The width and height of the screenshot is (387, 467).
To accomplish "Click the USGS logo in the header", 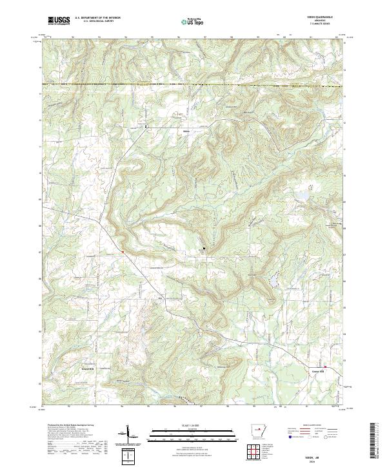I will tap(59, 21).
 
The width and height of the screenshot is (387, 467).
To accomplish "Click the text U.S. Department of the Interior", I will tap(97, 19).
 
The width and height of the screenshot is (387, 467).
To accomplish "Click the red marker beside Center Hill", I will tap(325, 367).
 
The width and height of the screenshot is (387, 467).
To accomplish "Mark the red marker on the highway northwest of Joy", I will tap(122, 251).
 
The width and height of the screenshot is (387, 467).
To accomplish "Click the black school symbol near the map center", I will tap(205, 247).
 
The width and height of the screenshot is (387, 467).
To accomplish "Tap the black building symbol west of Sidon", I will tap(146, 126).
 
